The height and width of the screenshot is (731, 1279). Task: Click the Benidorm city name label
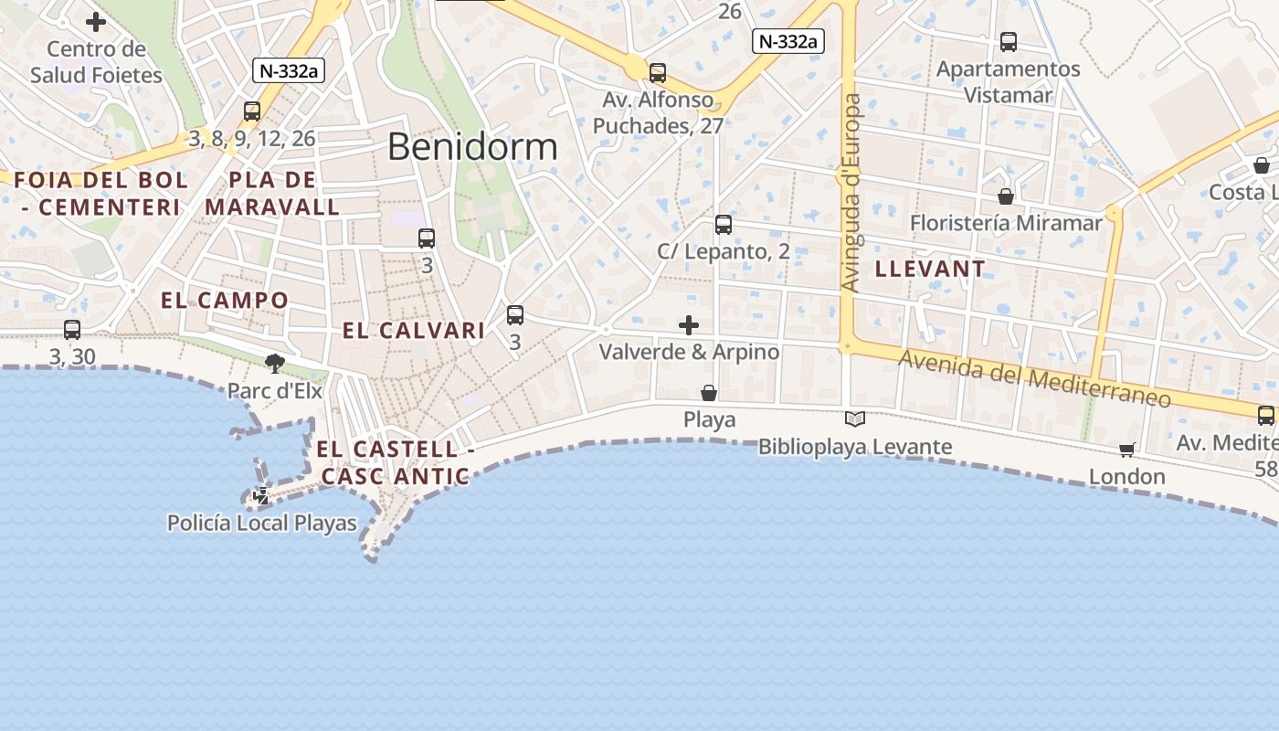pyautogui.click(x=472, y=146)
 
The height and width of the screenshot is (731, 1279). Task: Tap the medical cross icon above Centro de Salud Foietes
pyautogui.click(x=96, y=22)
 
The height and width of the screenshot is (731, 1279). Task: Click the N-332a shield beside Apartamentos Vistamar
pyautogui.click(x=788, y=41)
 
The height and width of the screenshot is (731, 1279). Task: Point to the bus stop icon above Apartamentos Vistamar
pyautogui.click(x=1008, y=41)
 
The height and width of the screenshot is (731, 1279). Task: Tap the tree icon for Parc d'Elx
pyautogui.click(x=274, y=364)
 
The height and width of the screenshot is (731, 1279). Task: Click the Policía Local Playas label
pyautogui.click(x=261, y=523)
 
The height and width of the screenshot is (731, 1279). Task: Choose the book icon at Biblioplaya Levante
pyautogui.click(x=855, y=419)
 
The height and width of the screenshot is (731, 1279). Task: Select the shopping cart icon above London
pyautogui.click(x=1126, y=450)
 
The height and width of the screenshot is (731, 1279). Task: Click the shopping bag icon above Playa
pyautogui.click(x=709, y=393)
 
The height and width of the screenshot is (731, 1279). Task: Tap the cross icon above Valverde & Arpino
pyautogui.click(x=689, y=324)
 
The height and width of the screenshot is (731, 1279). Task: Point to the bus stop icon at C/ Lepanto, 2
pyautogui.click(x=723, y=224)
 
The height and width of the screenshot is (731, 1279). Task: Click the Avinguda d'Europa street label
pyautogui.click(x=851, y=192)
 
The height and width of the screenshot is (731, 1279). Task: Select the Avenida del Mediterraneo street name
pyautogui.click(x=1034, y=378)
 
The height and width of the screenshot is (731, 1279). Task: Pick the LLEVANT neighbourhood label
pyautogui.click(x=930, y=269)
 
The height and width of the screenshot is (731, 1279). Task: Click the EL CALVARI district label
pyautogui.click(x=413, y=331)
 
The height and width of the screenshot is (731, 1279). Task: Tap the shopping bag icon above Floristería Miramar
pyautogui.click(x=1006, y=196)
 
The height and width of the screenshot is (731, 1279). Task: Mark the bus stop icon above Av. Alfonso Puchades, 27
pyautogui.click(x=657, y=72)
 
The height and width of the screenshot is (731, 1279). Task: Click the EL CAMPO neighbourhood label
pyautogui.click(x=224, y=300)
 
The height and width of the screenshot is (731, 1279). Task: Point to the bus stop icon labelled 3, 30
pyautogui.click(x=72, y=330)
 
